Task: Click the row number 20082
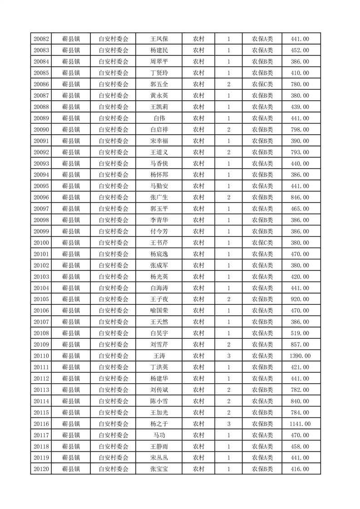(41, 39)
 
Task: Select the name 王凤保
(159, 39)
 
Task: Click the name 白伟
(159, 118)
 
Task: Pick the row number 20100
(41, 243)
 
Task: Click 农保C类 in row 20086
(262, 84)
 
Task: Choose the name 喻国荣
(159, 311)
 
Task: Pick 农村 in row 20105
(198, 299)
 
